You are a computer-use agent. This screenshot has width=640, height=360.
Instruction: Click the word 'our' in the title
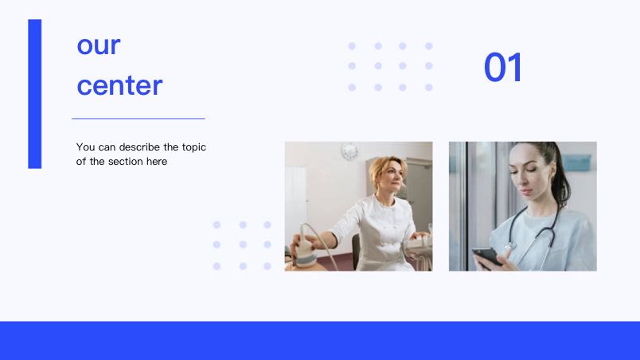[x=99, y=45]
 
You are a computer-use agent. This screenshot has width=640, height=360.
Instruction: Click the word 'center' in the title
[x=119, y=86]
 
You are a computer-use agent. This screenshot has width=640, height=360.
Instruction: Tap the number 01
[x=502, y=68]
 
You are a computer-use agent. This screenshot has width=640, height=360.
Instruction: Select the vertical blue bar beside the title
[x=35, y=94]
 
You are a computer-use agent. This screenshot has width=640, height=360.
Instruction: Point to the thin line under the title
[x=139, y=119]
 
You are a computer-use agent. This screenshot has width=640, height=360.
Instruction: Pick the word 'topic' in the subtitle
[x=194, y=147]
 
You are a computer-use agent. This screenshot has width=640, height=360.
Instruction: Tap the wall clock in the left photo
[x=349, y=151]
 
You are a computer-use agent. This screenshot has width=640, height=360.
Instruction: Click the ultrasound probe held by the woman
[x=306, y=248]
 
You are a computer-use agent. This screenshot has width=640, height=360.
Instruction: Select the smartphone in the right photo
[x=487, y=257]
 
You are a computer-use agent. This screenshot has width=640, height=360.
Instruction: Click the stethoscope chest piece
[x=509, y=247]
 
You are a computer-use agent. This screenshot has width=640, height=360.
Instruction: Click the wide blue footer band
[x=320, y=340]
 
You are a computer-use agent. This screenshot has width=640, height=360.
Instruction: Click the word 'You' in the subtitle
[x=84, y=147]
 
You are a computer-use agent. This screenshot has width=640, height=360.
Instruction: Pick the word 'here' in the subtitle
[x=157, y=162]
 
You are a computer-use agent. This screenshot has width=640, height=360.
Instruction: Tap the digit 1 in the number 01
[x=515, y=68]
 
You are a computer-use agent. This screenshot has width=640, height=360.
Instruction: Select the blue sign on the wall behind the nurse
[x=577, y=162]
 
